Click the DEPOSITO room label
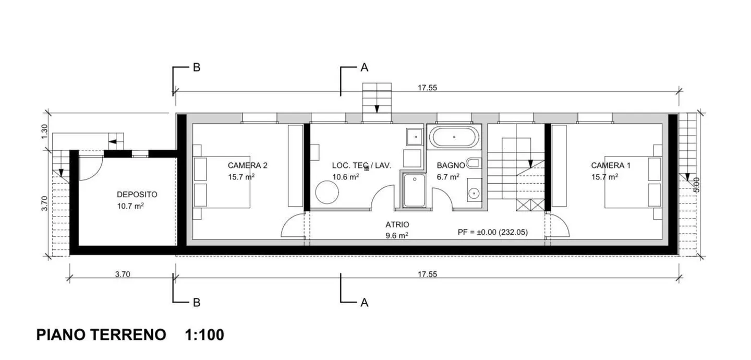tap(137, 195)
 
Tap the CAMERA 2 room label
tap(247, 166)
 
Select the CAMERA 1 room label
tap(610, 166)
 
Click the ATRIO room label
tap(397, 224)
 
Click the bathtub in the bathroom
tap(454, 137)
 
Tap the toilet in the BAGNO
tap(473, 163)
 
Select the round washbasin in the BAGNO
tap(474, 193)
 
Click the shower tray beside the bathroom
tap(414, 190)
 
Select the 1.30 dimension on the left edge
tap(45, 130)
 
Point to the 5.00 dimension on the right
tap(697, 185)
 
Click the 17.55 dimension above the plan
tap(427, 88)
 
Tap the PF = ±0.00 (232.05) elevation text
tap(492, 232)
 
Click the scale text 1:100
tap(204, 335)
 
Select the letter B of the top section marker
tap(196, 67)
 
